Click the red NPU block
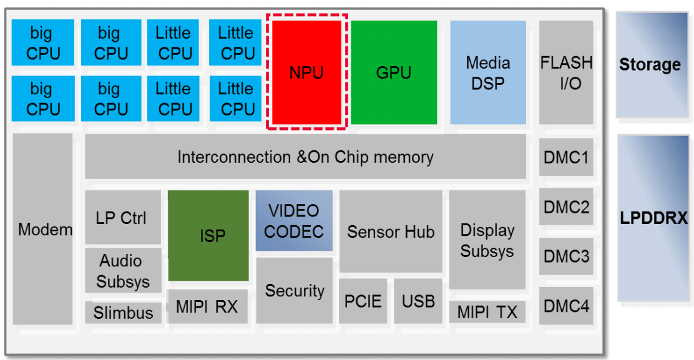click(306, 72)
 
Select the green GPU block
click(393, 72)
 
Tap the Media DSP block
click(487, 72)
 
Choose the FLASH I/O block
click(566, 72)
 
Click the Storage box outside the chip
click(650, 64)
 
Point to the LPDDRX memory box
click(653, 218)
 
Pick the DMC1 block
click(566, 157)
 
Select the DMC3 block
click(566, 256)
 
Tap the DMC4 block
click(566, 306)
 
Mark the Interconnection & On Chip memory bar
click(305, 157)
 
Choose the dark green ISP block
click(208, 236)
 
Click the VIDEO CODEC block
click(294, 221)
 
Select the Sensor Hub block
click(390, 231)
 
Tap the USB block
click(418, 301)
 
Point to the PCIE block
click(363, 301)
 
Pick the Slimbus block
click(123, 313)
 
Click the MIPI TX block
click(487, 312)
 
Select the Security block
click(294, 291)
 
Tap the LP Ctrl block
click(122, 218)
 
